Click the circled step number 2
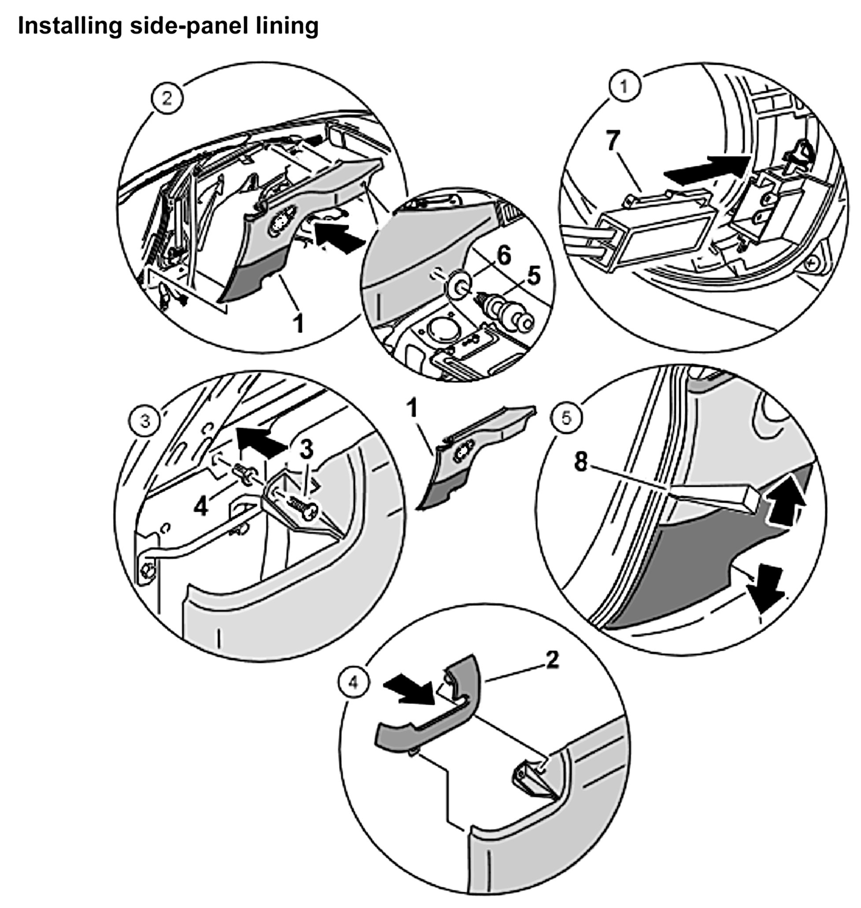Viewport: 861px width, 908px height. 167,98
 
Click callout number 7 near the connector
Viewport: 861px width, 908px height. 613,141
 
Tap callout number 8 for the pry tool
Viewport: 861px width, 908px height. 581,462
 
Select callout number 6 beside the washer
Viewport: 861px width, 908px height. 503,255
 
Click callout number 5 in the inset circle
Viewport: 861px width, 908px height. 533,276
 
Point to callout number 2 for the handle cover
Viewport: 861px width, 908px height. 552,660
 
